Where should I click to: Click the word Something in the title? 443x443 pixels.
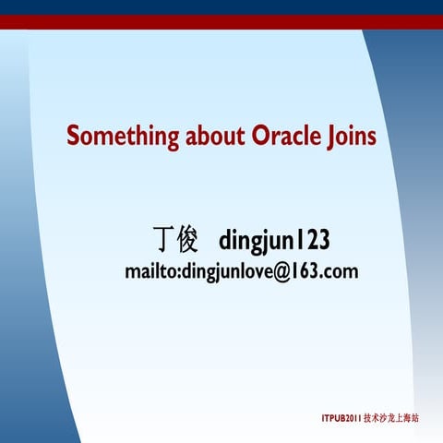tap(123, 137)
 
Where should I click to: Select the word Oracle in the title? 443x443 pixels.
tap(287, 137)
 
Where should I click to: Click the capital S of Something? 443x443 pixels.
tap(74, 137)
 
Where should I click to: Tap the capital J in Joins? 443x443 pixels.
tap(333, 138)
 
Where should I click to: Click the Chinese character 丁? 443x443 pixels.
tap(162, 241)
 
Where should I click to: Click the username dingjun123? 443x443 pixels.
tap(274, 242)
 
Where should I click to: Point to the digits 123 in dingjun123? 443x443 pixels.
tap(313, 241)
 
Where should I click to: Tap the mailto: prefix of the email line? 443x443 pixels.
tap(152, 272)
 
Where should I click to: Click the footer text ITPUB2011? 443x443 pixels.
tap(341, 418)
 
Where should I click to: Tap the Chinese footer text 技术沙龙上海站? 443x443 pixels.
tap(392, 418)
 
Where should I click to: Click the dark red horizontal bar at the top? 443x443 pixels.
tap(221, 22)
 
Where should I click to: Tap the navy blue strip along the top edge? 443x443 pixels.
tap(221, 6)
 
